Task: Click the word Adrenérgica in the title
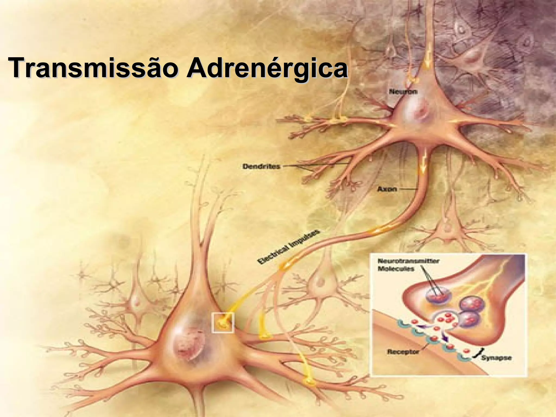click(x=267, y=68)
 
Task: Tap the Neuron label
click(x=403, y=91)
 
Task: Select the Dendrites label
click(x=261, y=166)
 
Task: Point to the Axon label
click(x=387, y=189)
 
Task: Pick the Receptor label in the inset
click(x=403, y=352)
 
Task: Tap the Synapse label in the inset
click(x=496, y=358)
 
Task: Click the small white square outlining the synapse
click(x=223, y=323)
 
